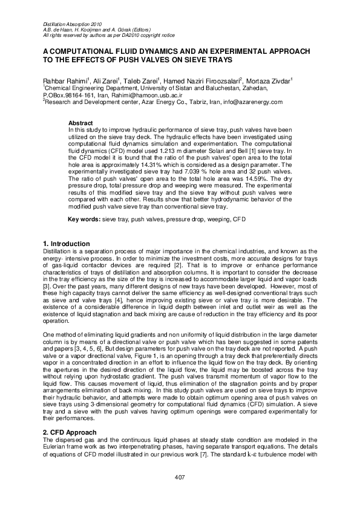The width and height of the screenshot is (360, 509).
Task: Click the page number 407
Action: pos(180,479)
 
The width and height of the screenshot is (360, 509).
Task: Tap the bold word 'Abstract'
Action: pos(80,123)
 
